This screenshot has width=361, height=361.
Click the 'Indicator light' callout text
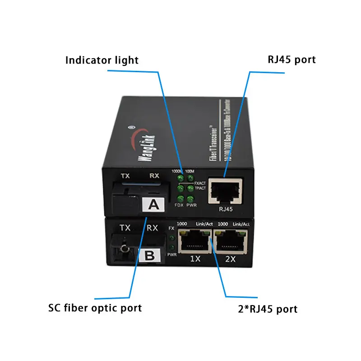point(102,60)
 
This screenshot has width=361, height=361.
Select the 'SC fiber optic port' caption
point(95,308)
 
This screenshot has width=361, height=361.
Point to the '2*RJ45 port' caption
point(268,309)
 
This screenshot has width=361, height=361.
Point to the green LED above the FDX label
point(180,199)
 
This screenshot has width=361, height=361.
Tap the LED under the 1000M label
point(180,179)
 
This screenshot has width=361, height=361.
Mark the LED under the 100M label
point(190,179)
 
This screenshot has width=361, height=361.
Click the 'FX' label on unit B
point(171,228)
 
